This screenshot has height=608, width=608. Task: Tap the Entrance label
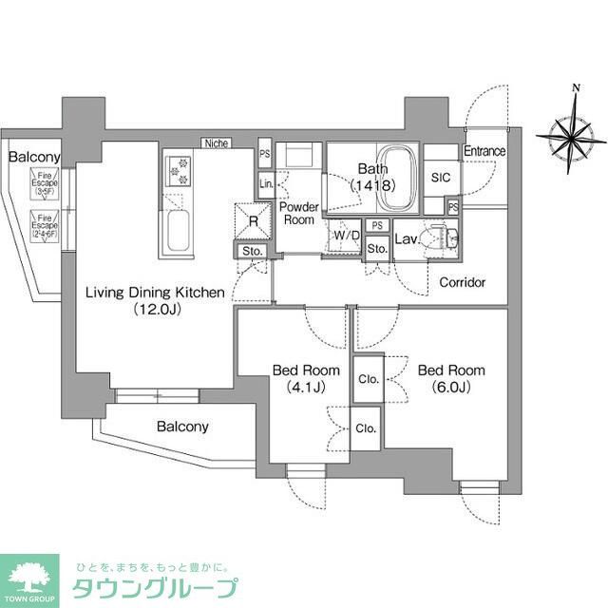(x=484, y=152)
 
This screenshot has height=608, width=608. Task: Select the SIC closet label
(x=440, y=178)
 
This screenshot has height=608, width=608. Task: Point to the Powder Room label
(x=297, y=213)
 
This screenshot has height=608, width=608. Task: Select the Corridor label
(x=462, y=282)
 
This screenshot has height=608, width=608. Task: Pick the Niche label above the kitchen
(x=216, y=143)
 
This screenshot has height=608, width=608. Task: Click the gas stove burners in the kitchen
(x=179, y=171)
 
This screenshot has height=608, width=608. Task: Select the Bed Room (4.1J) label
(x=299, y=378)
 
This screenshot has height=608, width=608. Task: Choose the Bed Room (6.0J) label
(x=451, y=378)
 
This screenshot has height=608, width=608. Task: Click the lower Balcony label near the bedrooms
(x=181, y=427)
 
